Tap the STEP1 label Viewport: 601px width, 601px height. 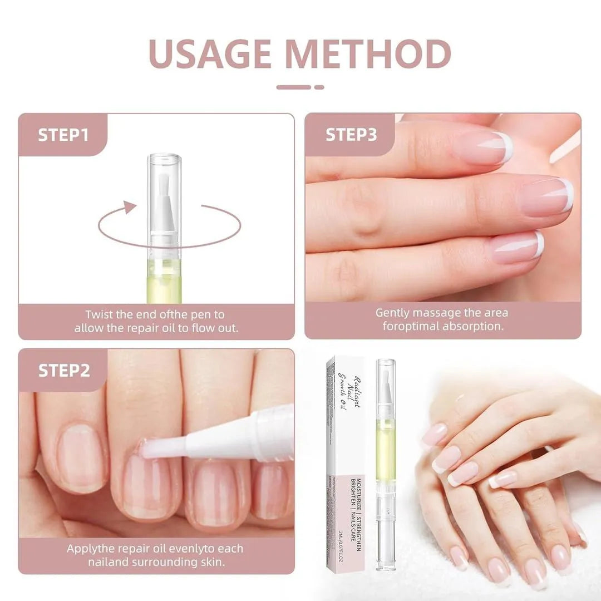click(63, 135)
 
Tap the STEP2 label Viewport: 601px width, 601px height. click(64, 371)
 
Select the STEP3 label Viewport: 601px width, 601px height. click(351, 135)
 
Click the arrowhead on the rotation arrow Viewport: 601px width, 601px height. click(129, 208)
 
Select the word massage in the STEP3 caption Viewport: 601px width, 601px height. click(437, 313)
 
